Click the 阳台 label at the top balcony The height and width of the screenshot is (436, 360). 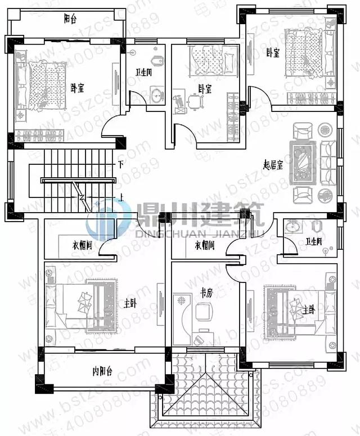coord(70,19)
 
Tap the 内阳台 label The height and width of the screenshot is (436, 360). coord(102,371)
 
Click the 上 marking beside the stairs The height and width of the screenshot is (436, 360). coord(121,197)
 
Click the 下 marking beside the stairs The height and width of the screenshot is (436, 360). coord(120,164)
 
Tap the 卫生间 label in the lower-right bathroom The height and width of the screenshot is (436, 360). coord(314,242)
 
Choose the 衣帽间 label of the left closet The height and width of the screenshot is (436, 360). coord(82,245)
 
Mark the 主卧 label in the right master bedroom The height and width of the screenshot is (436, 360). coord(308,308)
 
